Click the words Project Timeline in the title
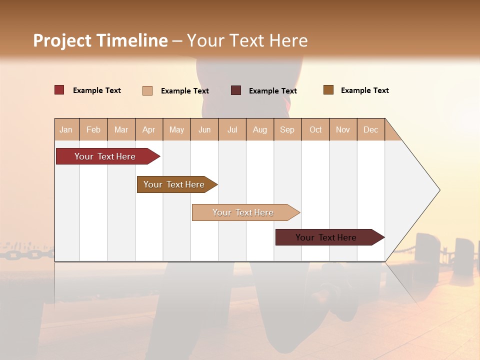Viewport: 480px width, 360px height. pyautogui.click(x=100, y=40)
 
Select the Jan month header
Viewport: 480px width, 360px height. pyautogui.click(x=66, y=130)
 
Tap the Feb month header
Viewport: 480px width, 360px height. pyautogui.click(x=93, y=130)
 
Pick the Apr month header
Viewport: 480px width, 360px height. pyautogui.click(x=148, y=130)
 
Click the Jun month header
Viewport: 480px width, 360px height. pyautogui.click(x=204, y=130)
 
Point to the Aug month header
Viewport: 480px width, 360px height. pyautogui.click(x=259, y=130)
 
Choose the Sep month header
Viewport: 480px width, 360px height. pyautogui.click(x=287, y=130)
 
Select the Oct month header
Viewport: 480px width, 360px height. pyautogui.click(x=315, y=130)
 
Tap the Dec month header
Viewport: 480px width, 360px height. pyautogui.click(x=370, y=130)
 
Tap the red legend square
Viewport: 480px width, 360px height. pyautogui.click(x=59, y=90)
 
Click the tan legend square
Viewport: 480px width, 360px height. pyautogui.click(x=147, y=90)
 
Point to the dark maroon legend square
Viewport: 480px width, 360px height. pyautogui.click(x=236, y=90)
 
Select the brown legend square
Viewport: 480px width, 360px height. pyautogui.click(x=328, y=90)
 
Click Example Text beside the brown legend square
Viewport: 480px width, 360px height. pyautogui.click(x=364, y=90)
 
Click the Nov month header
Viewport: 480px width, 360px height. pyautogui.click(x=342, y=130)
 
